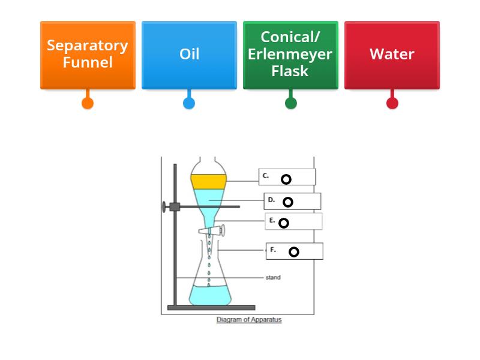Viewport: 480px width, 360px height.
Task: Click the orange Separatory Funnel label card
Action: pos(88,55)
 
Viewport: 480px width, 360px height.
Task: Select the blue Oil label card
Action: pos(189,55)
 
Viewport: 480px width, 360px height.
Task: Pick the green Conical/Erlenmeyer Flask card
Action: pos(290,55)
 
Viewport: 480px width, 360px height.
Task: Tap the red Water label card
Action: pos(392,55)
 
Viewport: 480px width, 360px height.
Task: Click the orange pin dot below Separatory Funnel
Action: pos(88,103)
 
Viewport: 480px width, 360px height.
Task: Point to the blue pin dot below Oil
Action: pos(189,103)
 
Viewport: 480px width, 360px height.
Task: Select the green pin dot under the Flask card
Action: pos(290,103)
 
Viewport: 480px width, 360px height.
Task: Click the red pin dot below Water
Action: pos(392,103)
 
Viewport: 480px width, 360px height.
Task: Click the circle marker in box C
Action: pos(286,179)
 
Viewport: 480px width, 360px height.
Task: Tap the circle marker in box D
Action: pos(288,202)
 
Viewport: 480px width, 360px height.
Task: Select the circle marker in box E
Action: pos(284,223)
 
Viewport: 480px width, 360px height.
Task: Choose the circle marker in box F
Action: pos(293,252)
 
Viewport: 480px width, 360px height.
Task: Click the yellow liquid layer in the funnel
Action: pos(208,181)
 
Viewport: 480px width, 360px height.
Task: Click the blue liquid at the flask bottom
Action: pos(209,295)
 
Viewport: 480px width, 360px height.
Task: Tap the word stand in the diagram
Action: pos(272,278)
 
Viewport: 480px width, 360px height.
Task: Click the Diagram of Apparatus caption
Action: pos(248,320)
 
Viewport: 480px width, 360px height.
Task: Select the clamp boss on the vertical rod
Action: pos(175,207)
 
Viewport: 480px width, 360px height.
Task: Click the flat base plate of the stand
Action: pos(211,308)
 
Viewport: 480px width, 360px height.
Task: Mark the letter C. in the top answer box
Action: pos(265,176)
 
